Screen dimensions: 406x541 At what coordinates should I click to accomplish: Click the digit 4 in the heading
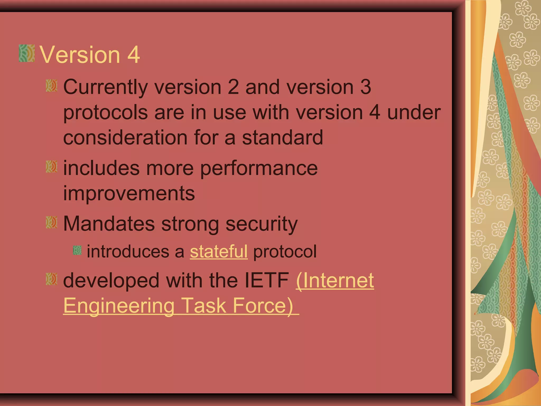tap(133, 55)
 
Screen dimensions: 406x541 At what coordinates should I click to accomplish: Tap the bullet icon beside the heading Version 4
tap(27, 53)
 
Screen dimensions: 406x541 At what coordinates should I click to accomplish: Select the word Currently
tap(105, 87)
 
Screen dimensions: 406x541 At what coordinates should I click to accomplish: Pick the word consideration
tap(125, 137)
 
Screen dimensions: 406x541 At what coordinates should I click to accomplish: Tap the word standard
tap(282, 137)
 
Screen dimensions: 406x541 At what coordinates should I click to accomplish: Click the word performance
tap(259, 169)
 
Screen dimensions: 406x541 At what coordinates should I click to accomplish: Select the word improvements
tap(129, 193)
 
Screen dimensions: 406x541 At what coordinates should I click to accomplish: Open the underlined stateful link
tap(219, 251)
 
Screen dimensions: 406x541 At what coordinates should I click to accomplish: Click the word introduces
tap(128, 251)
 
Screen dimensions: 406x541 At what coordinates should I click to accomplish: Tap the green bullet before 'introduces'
tap(77, 250)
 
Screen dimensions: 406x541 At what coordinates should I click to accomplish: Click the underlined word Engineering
tap(119, 306)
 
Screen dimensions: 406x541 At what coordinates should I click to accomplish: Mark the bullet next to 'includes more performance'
tap(51, 167)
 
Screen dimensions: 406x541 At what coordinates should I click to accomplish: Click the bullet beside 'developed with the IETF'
tap(51, 279)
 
